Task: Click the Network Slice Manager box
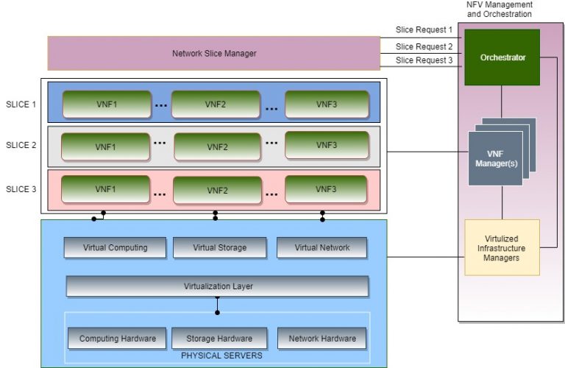coord(213,53)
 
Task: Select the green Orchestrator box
coord(502,57)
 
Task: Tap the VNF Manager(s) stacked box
coord(494,158)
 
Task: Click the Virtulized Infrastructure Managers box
coord(502,247)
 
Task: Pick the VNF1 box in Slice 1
coord(106,105)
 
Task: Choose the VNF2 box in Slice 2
coord(217,146)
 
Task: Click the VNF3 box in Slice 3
coord(327,189)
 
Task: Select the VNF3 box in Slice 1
coord(327,105)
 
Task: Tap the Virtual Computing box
coord(115,247)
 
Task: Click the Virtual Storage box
coord(219,247)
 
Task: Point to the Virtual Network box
coord(322,247)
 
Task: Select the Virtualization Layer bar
coord(217,286)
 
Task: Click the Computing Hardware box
coord(118,339)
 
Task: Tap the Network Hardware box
coord(322,339)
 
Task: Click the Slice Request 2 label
coord(424,46)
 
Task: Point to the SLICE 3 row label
coord(21,189)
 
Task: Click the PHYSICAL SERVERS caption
coord(217,355)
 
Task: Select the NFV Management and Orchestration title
coord(500,9)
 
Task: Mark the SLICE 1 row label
coord(21,105)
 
